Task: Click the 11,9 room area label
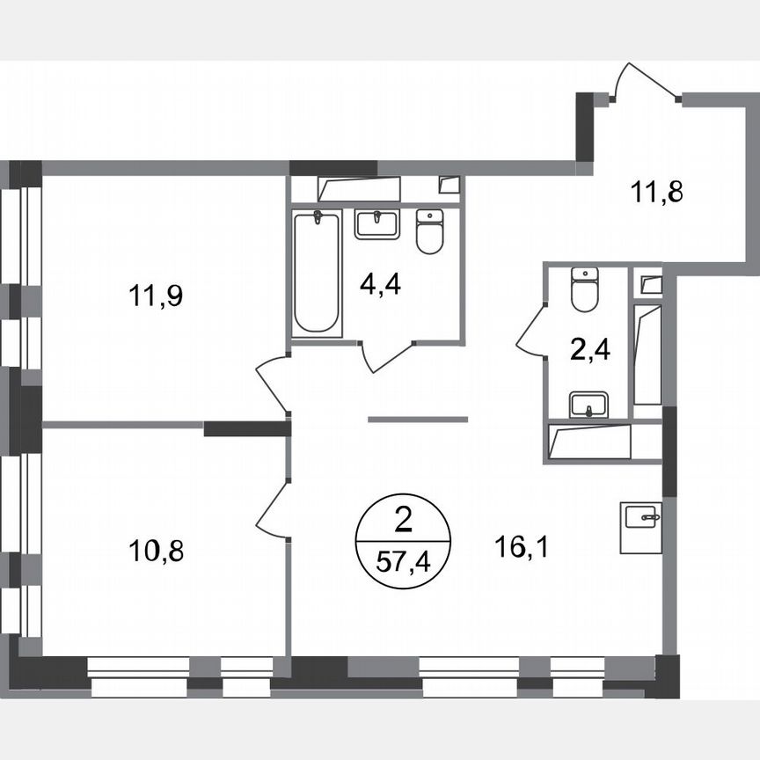(x=157, y=296)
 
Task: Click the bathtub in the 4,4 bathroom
(x=317, y=273)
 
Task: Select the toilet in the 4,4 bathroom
(x=429, y=231)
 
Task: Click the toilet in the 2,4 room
(x=584, y=289)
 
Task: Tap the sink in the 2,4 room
(x=586, y=406)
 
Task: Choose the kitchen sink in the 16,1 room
(x=640, y=526)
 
